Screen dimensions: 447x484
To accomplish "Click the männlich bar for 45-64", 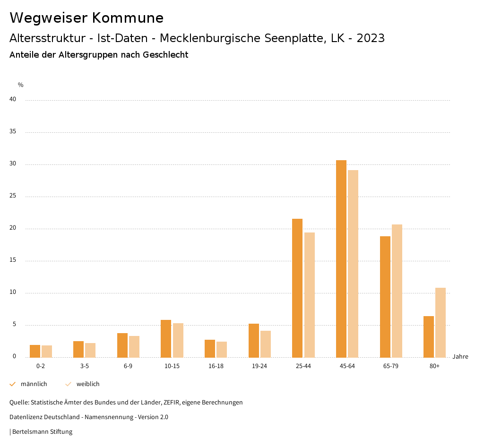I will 341,259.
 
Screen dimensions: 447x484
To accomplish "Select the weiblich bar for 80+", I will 441,322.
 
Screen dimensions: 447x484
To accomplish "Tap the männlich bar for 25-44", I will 297,288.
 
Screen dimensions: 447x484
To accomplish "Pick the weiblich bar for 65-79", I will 397,291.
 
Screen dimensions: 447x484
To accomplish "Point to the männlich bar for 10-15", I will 166,339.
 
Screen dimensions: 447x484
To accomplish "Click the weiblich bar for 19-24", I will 266,344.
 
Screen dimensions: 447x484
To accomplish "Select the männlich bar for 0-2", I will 35,351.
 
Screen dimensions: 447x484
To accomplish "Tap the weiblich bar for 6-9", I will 134,346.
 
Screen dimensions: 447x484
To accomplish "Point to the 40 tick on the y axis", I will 13,99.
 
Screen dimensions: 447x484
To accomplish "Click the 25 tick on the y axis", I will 13,196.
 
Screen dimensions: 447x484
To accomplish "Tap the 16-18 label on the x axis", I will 216,366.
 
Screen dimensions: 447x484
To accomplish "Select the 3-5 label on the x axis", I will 84,366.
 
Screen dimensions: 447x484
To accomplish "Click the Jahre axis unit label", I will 460,357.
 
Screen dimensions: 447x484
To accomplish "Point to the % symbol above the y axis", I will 21,85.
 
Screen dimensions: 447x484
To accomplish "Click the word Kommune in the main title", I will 128,18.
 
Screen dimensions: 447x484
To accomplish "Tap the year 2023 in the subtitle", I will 371,38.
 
